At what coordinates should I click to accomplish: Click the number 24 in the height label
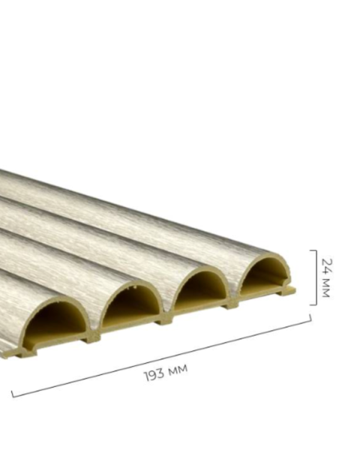327,266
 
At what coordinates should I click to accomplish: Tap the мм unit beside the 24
326,288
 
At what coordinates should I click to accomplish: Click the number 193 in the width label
154,375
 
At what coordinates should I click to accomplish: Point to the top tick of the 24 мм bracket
313,250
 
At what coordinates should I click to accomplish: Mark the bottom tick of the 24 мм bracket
313,304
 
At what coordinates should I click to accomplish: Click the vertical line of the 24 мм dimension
316,277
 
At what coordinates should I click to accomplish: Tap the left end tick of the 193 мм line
12,394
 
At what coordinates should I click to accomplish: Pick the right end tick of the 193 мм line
310,318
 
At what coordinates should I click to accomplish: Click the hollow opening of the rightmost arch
265,275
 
